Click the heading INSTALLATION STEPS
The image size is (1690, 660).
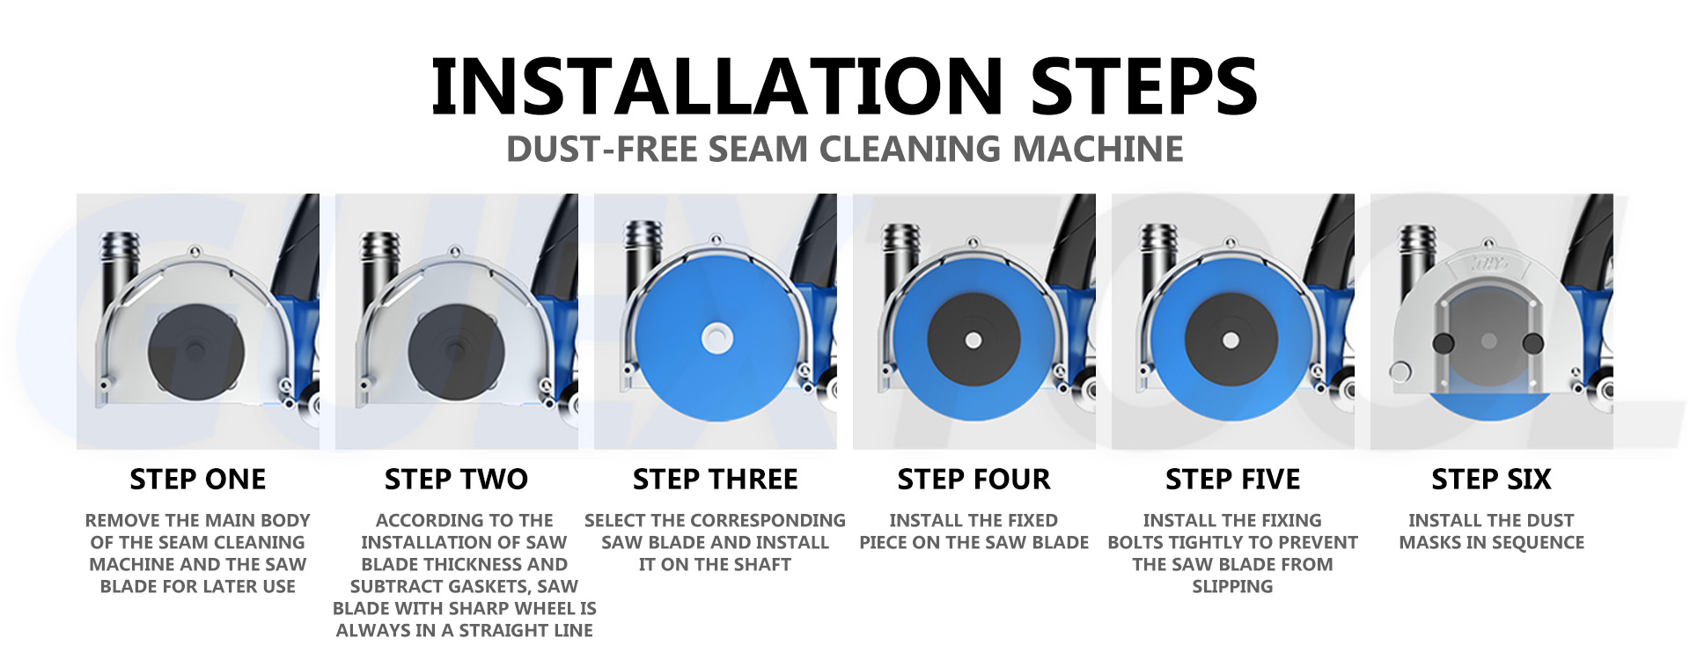click(844, 85)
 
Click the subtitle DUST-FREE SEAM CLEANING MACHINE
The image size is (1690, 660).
click(844, 149)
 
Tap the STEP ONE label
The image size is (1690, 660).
click(198, 479)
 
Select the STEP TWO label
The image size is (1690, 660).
click(456, 479)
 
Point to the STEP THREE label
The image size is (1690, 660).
click(715, 479)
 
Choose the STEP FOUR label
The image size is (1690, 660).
click(974, 479)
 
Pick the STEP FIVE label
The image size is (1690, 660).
click(1232, 479)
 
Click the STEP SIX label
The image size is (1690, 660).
click(1491, 479)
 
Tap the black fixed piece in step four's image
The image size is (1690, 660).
click(974, 340)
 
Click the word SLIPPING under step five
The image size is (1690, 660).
click(1232, 586)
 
